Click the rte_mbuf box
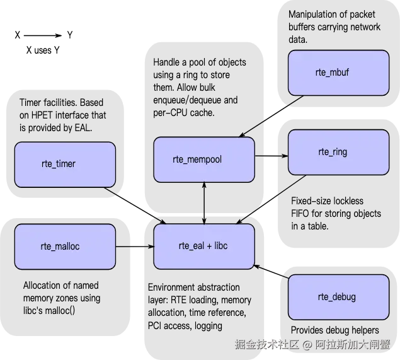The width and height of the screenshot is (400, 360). tap(338, 73)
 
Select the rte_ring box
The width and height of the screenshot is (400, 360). tap(338, 152)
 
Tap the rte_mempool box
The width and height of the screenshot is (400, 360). tap(204, 160)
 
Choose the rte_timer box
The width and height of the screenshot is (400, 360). tap(65, 165)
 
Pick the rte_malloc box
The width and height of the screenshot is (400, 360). tap(65, 247)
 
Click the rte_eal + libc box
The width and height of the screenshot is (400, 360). tap(204, 247)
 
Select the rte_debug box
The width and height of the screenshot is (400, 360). tap(338, 297)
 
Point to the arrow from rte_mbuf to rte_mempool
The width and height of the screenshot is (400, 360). tap(271, 116)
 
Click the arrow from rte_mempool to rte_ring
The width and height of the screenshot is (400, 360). tap(271, 156)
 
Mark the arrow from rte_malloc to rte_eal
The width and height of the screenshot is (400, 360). tap(135, 247)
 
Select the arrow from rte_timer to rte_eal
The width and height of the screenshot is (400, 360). tap(135, 206)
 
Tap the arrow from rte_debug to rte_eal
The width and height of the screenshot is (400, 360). tap(271, 272)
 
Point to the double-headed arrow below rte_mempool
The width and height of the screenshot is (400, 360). tap(204, 203)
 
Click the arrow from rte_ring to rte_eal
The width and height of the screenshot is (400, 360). tap(271, 199)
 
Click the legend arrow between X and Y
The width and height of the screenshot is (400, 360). tap(43, 35)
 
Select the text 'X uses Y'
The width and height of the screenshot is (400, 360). tap(43, 50)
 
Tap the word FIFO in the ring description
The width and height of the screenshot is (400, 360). tap(300, 214)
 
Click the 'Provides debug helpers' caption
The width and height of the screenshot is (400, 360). tap(335, 330)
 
